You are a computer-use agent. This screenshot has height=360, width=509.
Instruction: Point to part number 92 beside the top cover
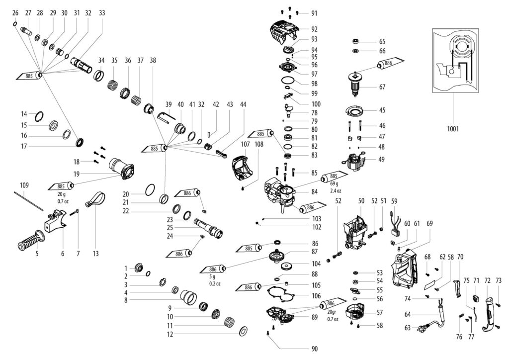[314, 29]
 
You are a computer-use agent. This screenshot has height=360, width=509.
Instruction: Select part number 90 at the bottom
[314, 349]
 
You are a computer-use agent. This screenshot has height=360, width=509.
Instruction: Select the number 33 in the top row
[102, 12]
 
